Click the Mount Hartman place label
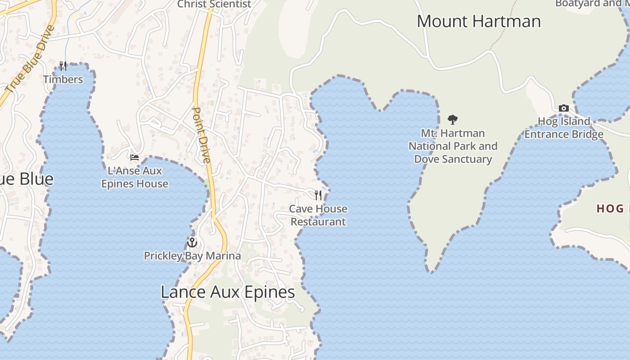(x=478, y=21)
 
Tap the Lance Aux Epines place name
(x=228, y=292)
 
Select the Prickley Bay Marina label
(x=192, y=256)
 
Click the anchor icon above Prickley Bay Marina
(x=192, y=243)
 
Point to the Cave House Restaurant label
(x=318, y=215)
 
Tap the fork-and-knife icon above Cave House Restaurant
(x=318, y=195)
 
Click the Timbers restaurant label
(x=63, y=80)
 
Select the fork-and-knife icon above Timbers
(x=63, y=66)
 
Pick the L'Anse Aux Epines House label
(x=135, y=177)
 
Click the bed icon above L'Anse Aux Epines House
(x=135, y=157)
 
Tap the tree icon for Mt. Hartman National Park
(x=453, y=120)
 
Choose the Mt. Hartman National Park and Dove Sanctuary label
(x=453, y=146)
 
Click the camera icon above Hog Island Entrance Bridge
(x=563, y=108)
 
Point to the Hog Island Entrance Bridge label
(x=564, y=128)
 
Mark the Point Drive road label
(x=202, y=135)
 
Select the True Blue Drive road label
(x=31, y=58)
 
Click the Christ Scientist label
(x=214, y=4)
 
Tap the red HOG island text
(x=612, y=209)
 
